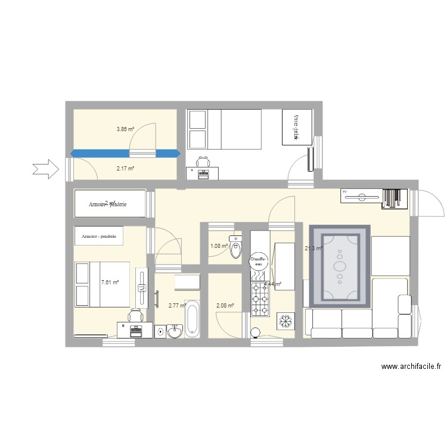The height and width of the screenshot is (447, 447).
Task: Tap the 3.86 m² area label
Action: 125,129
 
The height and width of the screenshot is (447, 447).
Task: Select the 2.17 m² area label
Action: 125,169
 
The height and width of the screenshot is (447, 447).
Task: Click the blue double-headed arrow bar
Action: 125,153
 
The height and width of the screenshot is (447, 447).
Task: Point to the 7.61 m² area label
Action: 110,283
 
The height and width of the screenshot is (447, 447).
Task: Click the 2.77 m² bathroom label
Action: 177,306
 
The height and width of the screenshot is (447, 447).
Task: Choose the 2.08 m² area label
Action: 225,306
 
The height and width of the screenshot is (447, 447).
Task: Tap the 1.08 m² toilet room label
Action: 218,246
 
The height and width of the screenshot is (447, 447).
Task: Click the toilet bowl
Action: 237,249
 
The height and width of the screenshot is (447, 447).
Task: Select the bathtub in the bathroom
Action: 192,319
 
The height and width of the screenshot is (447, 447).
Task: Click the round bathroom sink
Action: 175,331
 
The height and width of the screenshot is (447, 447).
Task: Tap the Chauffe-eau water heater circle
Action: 257,260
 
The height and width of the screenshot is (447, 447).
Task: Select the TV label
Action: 345,192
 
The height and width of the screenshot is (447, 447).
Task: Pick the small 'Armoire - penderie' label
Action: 100,237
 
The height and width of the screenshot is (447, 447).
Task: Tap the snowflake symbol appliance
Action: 285,321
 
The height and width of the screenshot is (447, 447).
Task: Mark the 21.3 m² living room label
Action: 313,249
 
